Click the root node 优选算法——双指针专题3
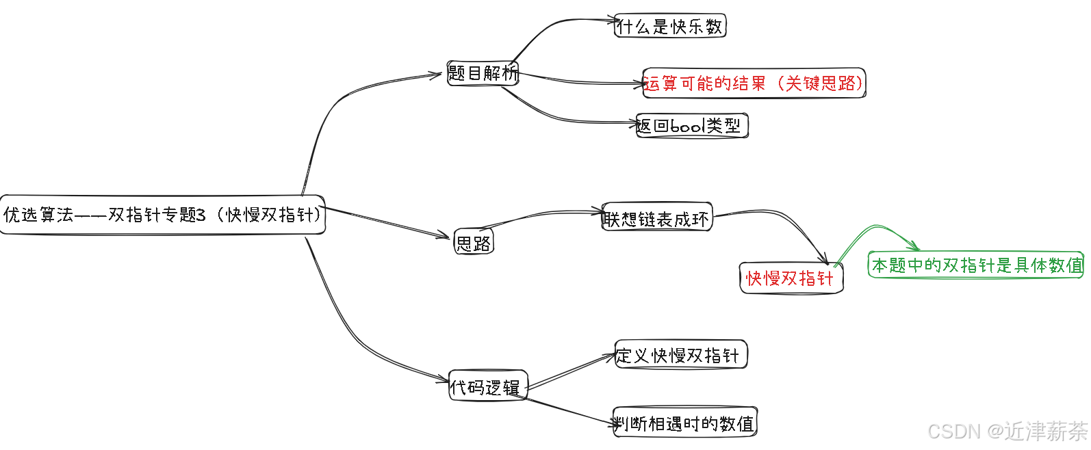click(162, 215)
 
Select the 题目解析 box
click(483, 72)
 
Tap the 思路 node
click(474, 242)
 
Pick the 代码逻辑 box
click(487, 387)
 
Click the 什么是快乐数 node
click(669, 26)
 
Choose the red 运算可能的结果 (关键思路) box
click(754, 83)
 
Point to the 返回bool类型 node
click(691, 125)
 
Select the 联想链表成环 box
click(656, 217)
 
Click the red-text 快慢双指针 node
click(791, 278)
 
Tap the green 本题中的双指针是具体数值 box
click(976, 265)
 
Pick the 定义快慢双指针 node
click(680, 355)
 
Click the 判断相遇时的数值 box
click(684, 423)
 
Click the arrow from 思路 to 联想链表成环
click(541, 215)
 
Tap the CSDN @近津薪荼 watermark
click(1007, 431)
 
